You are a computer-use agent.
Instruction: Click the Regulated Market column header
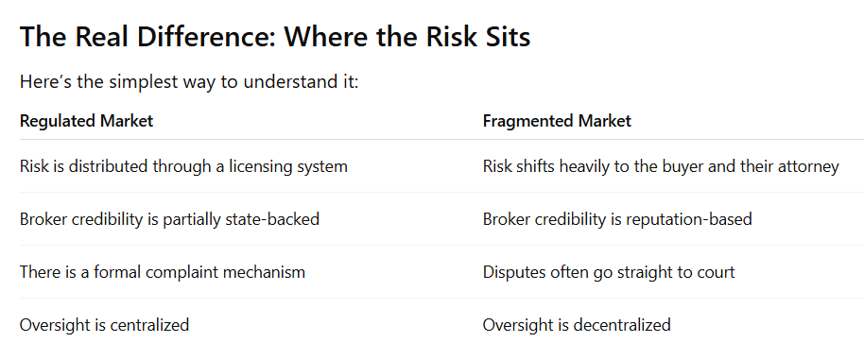(x=87, y=121)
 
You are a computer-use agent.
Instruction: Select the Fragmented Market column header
(x=557, y=121)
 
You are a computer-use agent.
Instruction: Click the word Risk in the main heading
(x=450, y=37)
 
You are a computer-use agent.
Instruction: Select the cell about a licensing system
(x=183, y=166)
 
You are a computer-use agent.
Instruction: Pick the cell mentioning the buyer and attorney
(x=661, y=166)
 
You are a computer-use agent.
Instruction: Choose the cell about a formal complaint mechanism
(x=162, y=272)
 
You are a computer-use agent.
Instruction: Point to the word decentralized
(x=622, y=325)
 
